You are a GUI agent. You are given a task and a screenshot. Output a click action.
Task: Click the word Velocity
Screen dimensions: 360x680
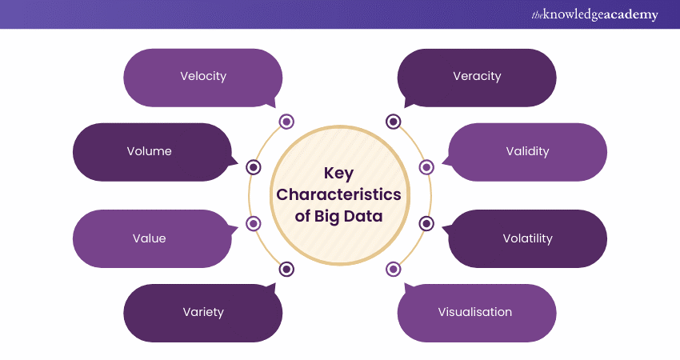203,77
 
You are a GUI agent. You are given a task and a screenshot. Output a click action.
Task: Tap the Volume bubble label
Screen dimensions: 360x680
149,151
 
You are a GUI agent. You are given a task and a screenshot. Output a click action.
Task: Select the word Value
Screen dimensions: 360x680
149,238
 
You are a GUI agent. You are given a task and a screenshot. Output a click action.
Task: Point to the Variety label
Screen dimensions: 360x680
203,312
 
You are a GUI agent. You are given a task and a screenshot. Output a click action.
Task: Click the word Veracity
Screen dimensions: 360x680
477,77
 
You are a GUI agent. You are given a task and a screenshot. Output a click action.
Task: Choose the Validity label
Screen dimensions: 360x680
527,151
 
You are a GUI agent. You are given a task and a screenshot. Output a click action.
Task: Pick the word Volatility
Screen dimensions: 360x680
527,238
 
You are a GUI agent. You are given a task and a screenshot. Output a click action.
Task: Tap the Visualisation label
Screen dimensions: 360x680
474,312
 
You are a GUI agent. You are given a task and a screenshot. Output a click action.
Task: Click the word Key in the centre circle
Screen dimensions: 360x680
338,173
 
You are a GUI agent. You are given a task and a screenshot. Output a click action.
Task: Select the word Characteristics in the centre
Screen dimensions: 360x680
338,194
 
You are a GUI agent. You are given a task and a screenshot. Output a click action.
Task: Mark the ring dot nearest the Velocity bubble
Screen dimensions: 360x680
286,122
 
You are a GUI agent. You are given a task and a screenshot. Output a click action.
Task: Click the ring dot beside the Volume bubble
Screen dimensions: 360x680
254,167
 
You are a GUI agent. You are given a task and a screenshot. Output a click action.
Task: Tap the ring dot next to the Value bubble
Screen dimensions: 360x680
254,224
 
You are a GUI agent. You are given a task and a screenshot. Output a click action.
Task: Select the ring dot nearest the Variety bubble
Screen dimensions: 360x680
286,269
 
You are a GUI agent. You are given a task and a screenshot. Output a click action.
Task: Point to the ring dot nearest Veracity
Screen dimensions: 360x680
393,122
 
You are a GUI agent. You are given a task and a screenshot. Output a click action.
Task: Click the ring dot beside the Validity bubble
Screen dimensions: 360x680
426,167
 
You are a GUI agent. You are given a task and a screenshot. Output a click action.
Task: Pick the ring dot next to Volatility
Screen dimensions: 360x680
426,224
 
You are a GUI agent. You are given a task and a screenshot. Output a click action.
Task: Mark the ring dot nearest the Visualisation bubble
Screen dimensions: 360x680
393,269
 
